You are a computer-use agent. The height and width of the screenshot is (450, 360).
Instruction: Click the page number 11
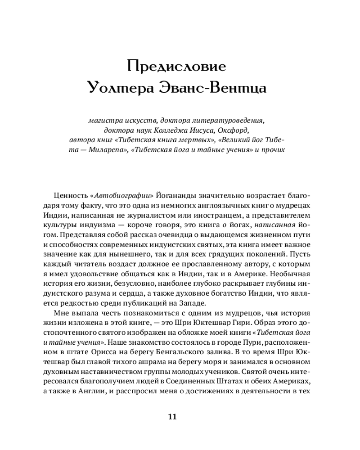(172, 416)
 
